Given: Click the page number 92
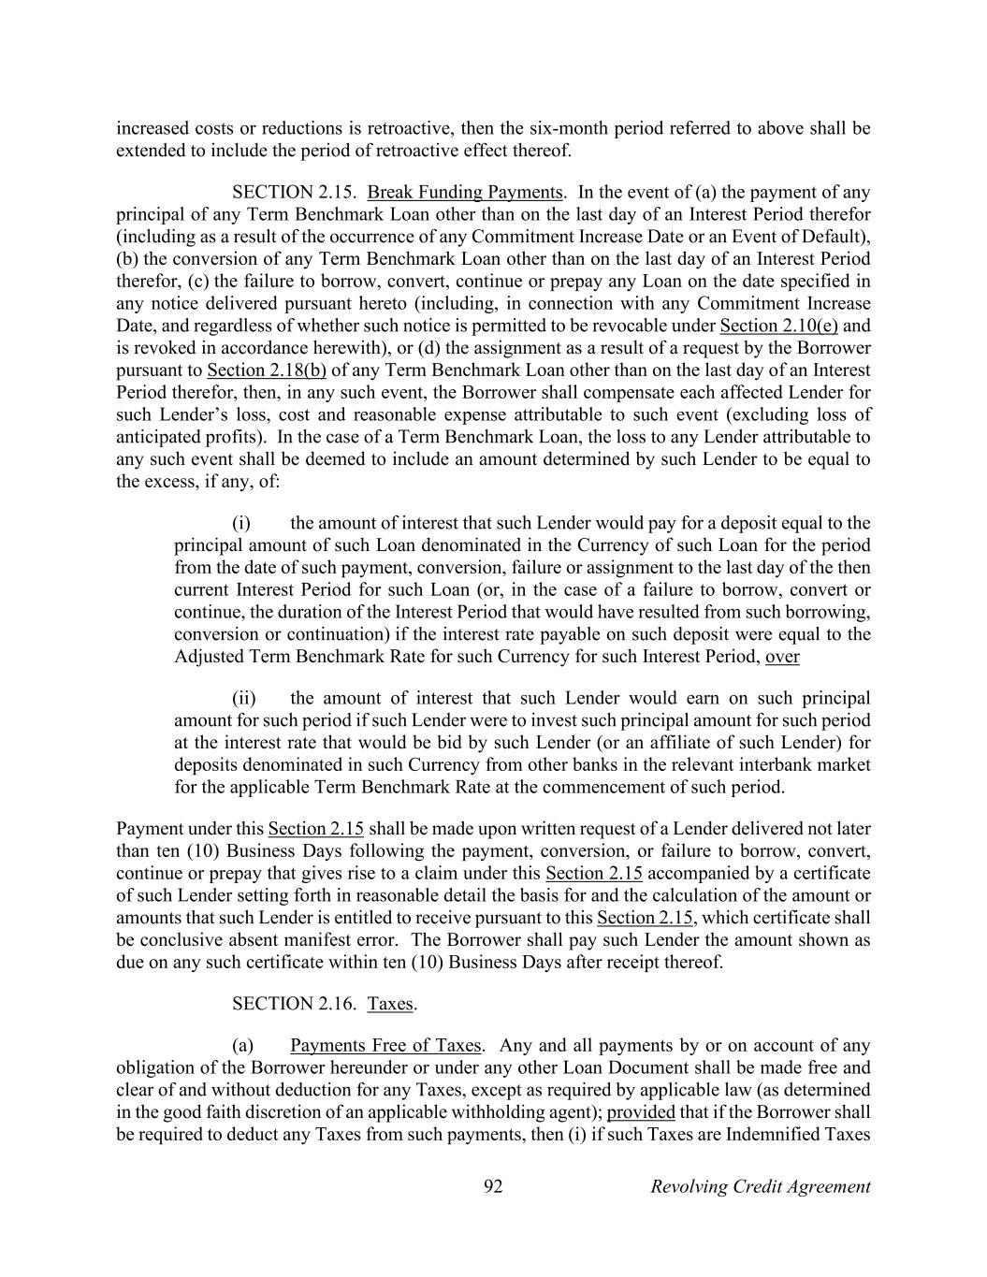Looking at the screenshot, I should pos(493,1187).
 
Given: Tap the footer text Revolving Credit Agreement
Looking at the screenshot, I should pos(760,1187).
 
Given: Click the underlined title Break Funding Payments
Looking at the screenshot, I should pos(465,193).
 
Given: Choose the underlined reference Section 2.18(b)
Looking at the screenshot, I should pos(267,370).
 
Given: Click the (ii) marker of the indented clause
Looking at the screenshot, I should pos(243,698).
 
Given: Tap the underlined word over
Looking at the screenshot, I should pos(782,657).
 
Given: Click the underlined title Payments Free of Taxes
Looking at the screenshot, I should pos(385,1046).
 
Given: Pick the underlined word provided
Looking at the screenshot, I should pos(641,1112).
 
